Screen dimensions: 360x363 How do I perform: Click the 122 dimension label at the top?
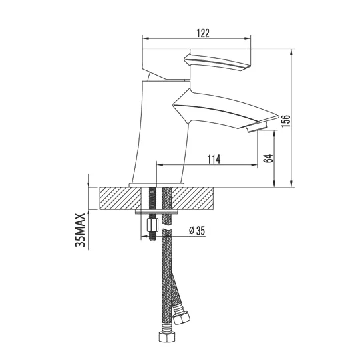coord(203,33)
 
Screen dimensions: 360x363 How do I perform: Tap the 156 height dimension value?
coord(285,120)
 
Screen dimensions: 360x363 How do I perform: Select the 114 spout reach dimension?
coord(214,159)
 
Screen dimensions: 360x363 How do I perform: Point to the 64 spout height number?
coord(268,158)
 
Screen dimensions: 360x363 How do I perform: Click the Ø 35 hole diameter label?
coord(197,231)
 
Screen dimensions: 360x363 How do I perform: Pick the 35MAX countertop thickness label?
coord(81,230)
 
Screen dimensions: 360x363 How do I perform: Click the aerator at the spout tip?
coord(257,127)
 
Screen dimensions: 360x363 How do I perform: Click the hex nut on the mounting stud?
coord(152,225)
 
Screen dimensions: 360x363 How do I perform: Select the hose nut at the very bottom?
coord(166,337)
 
